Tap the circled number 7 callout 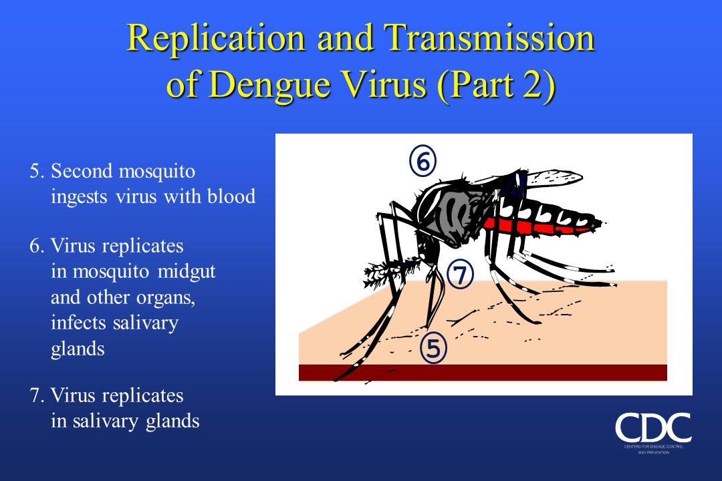pyautogui.click(x=461, y=275)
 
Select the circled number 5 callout pyautogui.click(x=433, y=349)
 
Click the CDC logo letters pyautogui.click(x=653, y=428)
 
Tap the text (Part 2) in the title pyautogui.click(x=495, y=86)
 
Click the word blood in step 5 pyautogui.click(x=233, y=196)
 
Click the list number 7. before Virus pyautogui.click(x=37, y=395)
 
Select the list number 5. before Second pyautogui.click(x=37, y=172)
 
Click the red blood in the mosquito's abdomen pyautogui.click(x=535, y=227)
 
